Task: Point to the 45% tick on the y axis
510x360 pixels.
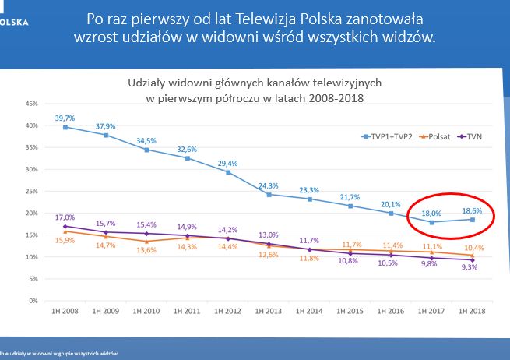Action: (x=32, y=104)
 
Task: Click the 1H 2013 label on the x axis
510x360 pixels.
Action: (x=268, y=311)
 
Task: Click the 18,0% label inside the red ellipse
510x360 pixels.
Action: (x=432, y=211)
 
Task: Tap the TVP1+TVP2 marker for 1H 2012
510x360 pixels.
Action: (x=227, y=172)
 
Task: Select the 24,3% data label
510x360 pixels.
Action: (x=269, y=185)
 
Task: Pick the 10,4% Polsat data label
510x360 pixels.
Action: (x=473, y=247)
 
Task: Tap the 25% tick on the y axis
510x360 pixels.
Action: (x=32, y=191)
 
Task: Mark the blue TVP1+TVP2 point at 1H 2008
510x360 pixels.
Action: (x=65, y=127)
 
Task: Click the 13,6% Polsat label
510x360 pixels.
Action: (x=146, y=250)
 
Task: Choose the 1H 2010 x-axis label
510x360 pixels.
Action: (x=146, y=311)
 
